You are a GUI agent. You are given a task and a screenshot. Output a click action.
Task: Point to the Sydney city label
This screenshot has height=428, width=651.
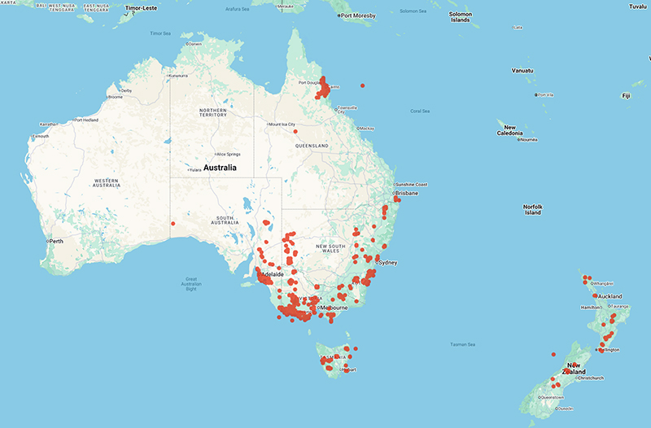(387, 263)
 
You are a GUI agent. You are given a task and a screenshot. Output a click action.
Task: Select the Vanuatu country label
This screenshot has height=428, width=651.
(522, 71)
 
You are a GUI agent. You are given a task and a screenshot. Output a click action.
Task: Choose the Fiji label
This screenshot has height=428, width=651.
(626, 96)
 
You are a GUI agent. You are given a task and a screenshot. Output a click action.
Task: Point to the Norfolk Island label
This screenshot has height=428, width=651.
(532, 209)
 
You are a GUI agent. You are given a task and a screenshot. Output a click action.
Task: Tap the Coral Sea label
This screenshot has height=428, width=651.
(420, 111)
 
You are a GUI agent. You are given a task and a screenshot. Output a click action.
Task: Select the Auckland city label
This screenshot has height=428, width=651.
(610, 296)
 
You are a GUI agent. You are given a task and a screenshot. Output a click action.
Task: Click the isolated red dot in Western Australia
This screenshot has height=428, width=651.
(173, 224)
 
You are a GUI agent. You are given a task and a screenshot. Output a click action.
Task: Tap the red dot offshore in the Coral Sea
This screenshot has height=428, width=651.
(362, 85)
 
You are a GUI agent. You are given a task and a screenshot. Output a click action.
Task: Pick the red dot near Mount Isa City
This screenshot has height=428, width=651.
(295, 132)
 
